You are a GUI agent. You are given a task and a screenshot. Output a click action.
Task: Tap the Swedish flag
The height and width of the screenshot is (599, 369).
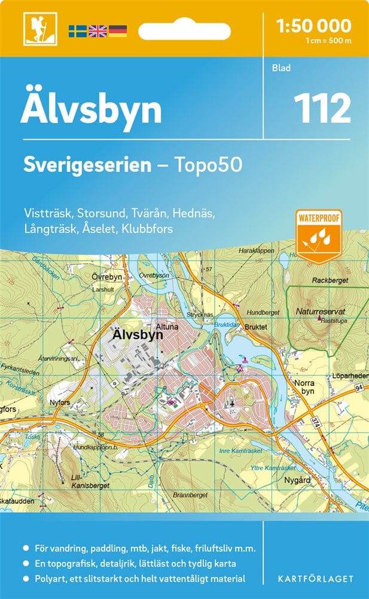[x=77, y=30]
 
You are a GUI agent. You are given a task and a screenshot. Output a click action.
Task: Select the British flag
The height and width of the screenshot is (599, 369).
[x=97, y=30]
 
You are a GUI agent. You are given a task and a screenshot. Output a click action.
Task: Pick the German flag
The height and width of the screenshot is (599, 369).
[x=118, y=30]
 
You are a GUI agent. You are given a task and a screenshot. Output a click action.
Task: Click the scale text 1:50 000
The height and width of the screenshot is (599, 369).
[x=314, y=26]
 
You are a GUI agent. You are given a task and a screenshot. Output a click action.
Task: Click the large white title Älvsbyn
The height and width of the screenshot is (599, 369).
[x=91, y=110]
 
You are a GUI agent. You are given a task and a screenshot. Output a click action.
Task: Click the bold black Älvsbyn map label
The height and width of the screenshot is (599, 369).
[x=137, y=336]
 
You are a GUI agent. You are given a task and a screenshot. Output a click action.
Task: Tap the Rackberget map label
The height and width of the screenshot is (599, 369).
[x=329, y=280]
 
